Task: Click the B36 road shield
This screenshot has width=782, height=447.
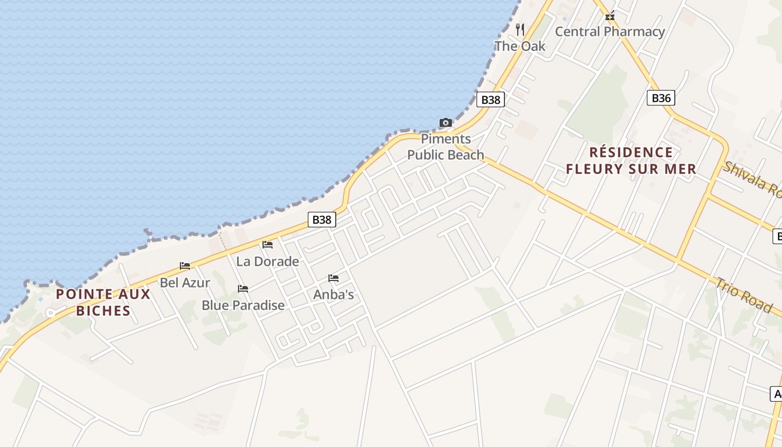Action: [661, 98]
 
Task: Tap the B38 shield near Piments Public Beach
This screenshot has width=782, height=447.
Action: [490, 100]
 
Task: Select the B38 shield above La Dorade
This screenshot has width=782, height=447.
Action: [322, 220]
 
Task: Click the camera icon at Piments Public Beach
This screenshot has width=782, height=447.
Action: [445, 123]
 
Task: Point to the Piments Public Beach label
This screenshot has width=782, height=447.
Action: [446, 147]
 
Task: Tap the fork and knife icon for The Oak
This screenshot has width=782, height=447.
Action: [520, 29]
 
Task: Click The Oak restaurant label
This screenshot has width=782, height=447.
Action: [520, 46]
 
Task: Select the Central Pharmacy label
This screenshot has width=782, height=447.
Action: [609, 32]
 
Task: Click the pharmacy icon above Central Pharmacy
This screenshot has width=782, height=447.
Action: [610, 16]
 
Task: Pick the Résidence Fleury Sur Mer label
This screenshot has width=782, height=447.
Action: [631, 160]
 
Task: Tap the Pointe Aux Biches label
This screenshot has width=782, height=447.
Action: [103, 302]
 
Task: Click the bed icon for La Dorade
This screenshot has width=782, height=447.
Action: [268, 245]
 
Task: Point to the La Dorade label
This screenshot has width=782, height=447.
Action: [268, 261]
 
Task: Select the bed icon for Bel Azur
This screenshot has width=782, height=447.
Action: [185, 266]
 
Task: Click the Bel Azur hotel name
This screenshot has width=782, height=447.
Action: [185, 283]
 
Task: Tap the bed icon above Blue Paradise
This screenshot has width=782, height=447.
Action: [243, 289]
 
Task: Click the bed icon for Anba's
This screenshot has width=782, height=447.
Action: [333, 278]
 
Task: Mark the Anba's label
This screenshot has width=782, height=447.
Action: [333, 294]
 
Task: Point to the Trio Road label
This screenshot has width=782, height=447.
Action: [745, 295]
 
